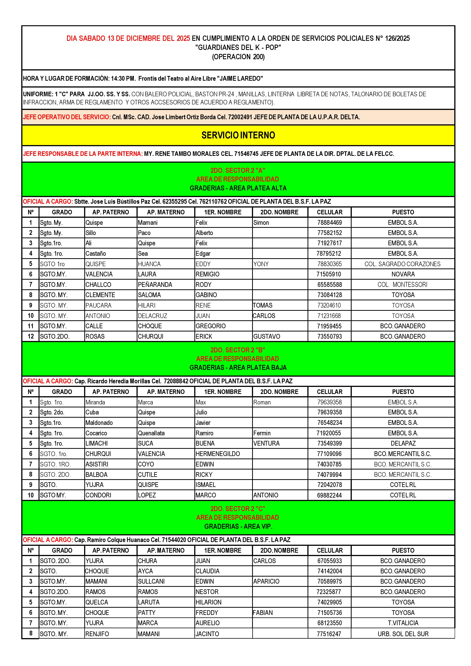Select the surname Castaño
96,253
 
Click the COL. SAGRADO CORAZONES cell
402,264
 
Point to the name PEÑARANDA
155,285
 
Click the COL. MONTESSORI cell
402,285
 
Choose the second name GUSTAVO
267,336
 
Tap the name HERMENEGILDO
218,454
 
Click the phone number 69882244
329,495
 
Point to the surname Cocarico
96,433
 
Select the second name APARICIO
266,581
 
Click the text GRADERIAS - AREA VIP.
238,526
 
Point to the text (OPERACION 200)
238,57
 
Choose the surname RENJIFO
97,634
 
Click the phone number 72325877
329,592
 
